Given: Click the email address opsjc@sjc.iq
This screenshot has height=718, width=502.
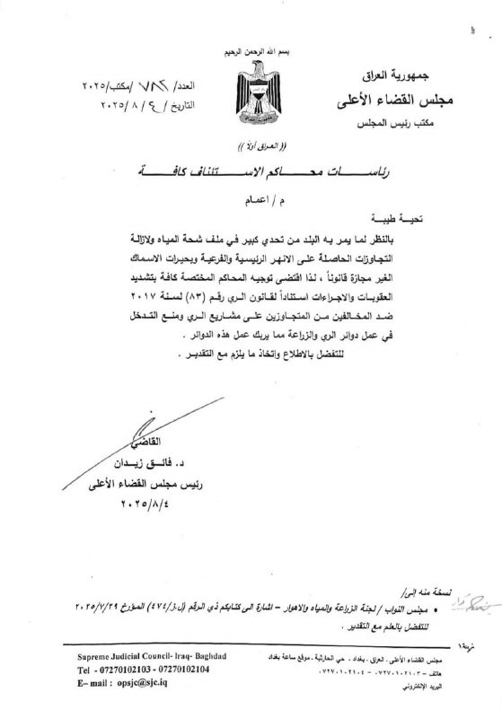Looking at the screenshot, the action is coord(152,682).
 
